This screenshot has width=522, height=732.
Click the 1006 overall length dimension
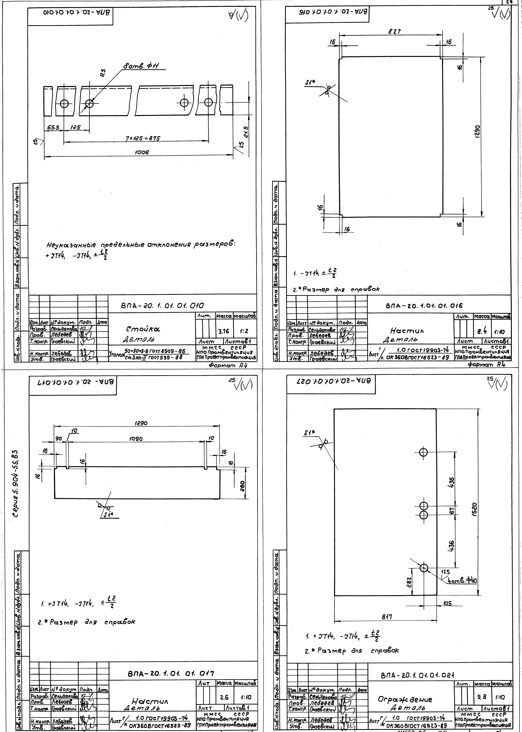[142, 153]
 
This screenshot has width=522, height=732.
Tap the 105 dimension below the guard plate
[447, 603]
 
